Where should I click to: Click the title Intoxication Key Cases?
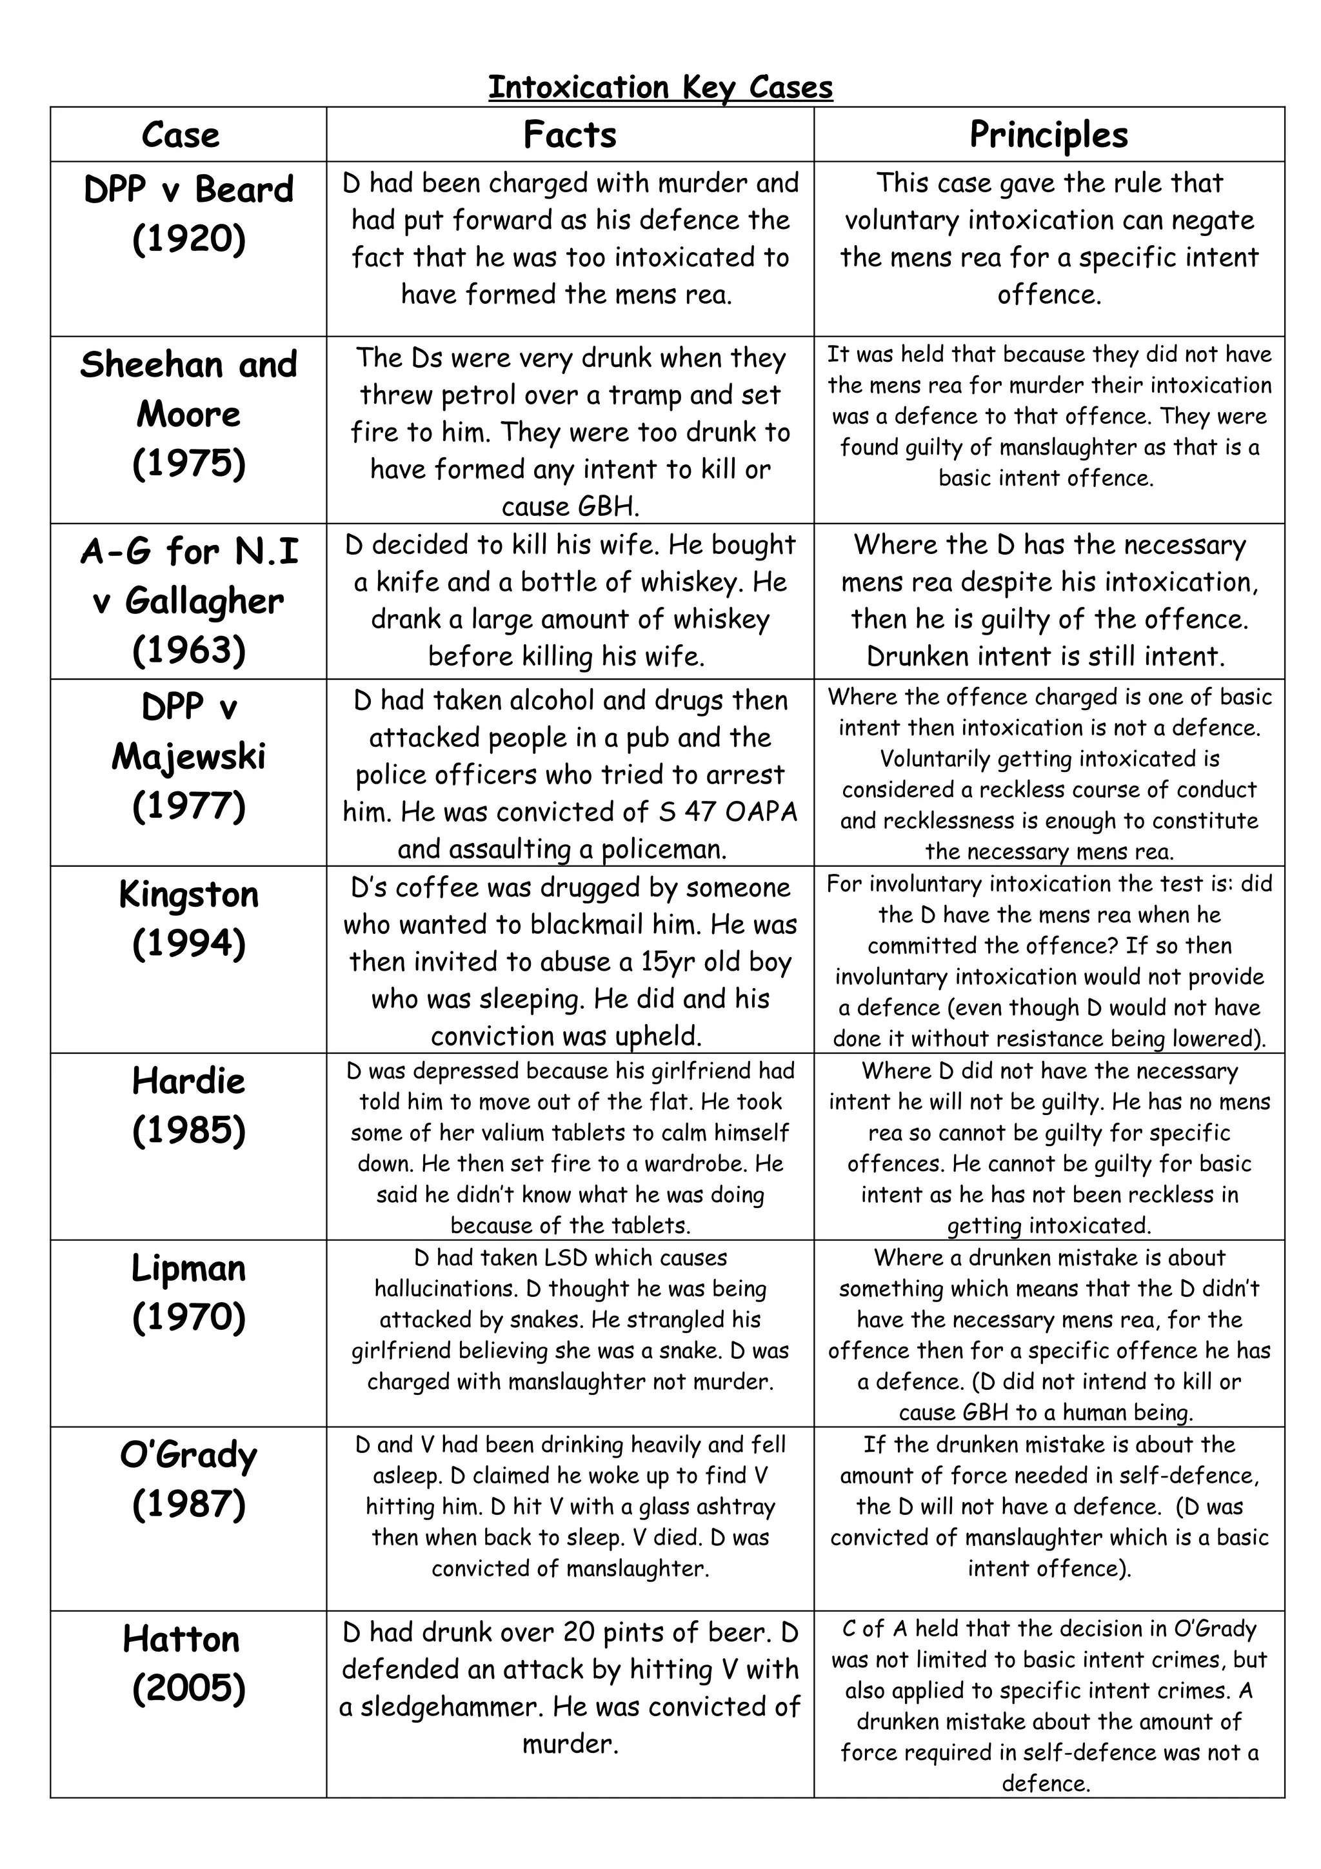coord(660,87)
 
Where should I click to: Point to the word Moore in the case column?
coord(189,414)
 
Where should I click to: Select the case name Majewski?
coord(189,757)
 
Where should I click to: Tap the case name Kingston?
coord(189,895)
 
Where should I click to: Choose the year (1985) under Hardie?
coord(189,1130)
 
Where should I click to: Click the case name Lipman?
coord(189,1268)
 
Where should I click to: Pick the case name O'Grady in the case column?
coord(189,1456)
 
